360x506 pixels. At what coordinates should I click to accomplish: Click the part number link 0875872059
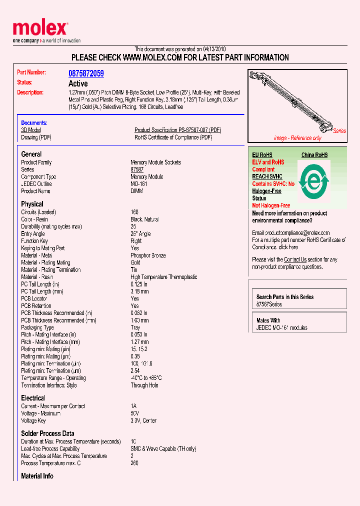pos(86,73)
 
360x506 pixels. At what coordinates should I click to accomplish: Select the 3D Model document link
pos(30,130)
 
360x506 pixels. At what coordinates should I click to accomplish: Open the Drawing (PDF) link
pos(36,137)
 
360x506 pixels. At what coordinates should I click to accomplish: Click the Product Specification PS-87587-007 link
pos(177,130)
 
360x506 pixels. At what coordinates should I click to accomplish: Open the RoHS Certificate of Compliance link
pos(173,137)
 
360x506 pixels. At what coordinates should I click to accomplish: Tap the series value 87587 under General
pos(137,169)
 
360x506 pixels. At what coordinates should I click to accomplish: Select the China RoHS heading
pos(314,155)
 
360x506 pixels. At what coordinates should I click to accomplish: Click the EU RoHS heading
pos(262,155)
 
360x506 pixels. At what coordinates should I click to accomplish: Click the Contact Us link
pos(295,259)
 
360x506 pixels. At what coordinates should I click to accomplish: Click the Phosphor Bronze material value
pos(148,255)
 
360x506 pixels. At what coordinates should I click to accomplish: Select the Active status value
pos(78,83)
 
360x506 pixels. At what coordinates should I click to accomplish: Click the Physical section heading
pos(32,204)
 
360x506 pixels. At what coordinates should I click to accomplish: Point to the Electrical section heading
pos(33,398)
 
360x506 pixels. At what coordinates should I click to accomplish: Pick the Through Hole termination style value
pos(146,385)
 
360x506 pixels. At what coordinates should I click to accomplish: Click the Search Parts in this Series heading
pos(285,297)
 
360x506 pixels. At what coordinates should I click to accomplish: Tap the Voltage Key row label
pos(35,421)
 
